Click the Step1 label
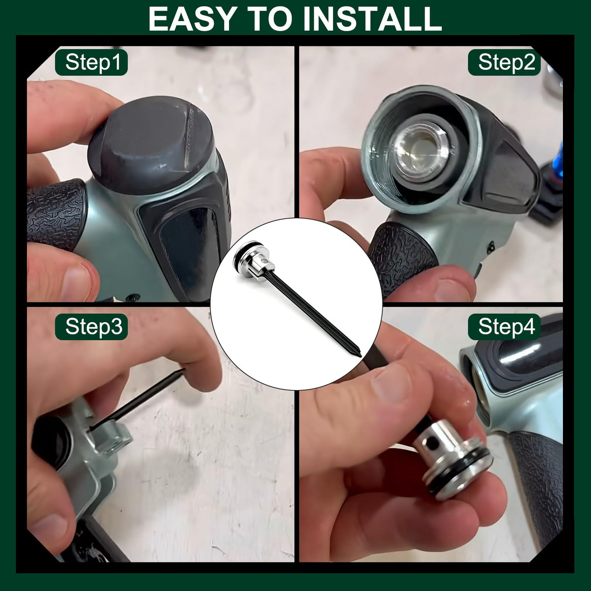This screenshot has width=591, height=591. click(x=92, y=62)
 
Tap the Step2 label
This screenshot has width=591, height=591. click(x=504, y=62)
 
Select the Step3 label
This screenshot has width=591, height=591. click(x=92, y=327)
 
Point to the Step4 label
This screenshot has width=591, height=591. click(x=504, y=327)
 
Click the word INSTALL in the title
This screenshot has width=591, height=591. click(x=373, y=19)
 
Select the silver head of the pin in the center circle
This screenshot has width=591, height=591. click(x=254, y=261)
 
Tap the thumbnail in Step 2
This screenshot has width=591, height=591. click(x=453, y=290)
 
